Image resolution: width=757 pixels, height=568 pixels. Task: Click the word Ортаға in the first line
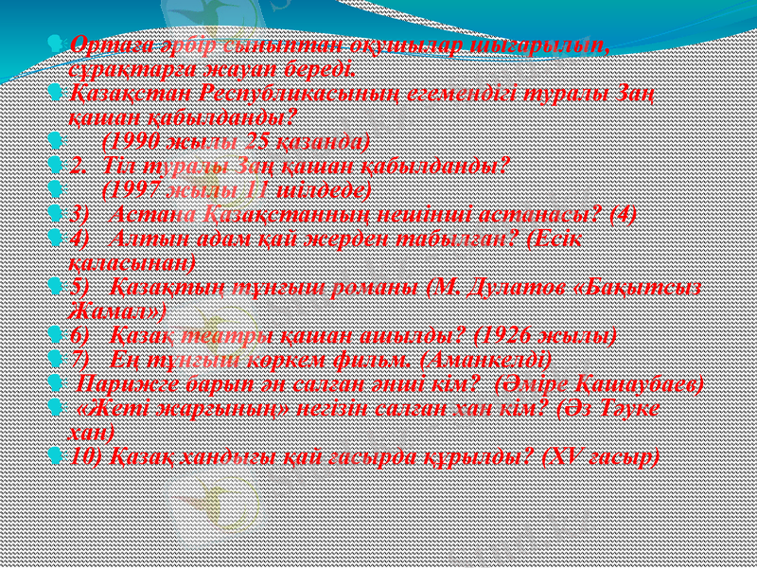100,44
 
